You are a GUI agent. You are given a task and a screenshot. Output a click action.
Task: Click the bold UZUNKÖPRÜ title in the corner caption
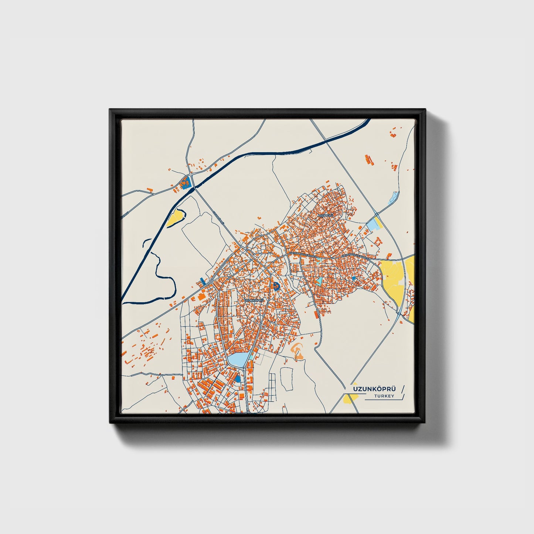pos(374,389)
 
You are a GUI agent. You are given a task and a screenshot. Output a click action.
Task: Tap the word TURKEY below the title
pos(384,396)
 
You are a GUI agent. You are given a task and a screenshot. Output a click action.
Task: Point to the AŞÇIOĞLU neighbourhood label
pos(325,215)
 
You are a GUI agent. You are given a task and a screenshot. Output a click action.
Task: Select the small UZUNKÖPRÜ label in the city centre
pos(255,300)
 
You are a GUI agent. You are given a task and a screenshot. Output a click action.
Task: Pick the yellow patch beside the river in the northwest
pos(175,218)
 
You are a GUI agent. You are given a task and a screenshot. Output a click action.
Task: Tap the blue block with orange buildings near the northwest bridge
pos(185,182)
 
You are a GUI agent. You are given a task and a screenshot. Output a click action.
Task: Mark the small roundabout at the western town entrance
pos(211,282)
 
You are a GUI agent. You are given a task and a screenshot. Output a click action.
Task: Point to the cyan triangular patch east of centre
pos(319,280)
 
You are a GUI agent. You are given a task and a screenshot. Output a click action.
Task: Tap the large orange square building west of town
pos(202,296)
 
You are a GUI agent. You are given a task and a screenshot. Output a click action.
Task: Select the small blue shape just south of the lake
pos(238,379)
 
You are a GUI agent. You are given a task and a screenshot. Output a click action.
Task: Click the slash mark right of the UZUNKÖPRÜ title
pos(402,389)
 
